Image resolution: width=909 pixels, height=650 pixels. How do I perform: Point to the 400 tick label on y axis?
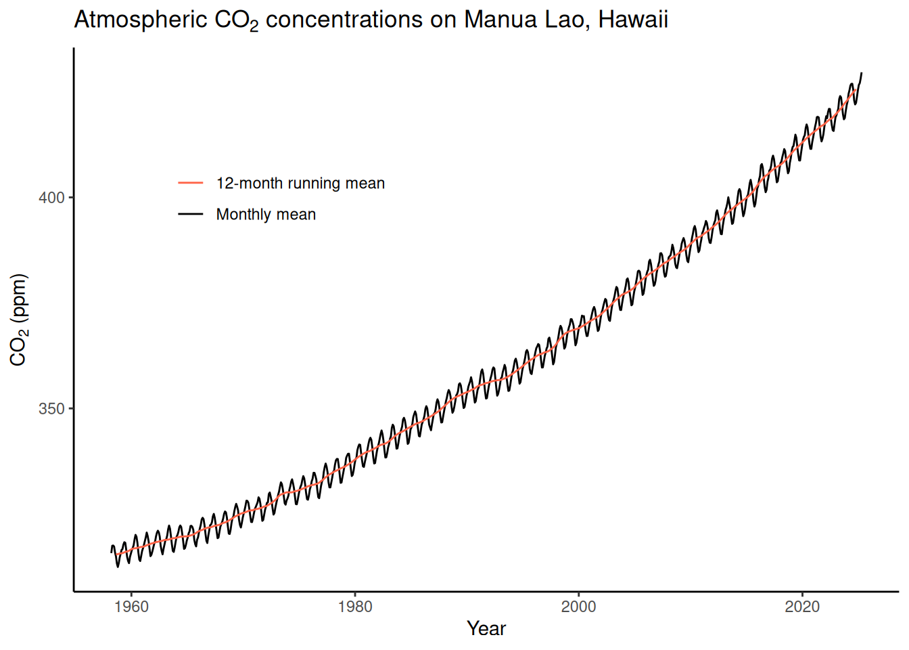tap(51, 198)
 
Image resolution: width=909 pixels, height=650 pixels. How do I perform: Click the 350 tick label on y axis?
tap(51, 409)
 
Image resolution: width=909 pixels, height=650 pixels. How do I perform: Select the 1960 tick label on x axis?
tap(131, 607)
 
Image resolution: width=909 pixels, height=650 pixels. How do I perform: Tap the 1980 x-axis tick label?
tap(355, 607)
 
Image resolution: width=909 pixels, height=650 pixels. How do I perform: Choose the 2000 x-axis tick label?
tap(578, 607)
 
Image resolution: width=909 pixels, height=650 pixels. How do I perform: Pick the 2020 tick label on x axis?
tap(802, 607)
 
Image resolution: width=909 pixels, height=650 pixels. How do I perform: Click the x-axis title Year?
tap(486, 629)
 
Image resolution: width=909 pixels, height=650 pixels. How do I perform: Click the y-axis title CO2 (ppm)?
tap(19, 320)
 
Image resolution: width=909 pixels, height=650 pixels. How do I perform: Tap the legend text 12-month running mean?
tap(300, 183)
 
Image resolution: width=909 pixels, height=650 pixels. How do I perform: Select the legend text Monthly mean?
tap(266, 215)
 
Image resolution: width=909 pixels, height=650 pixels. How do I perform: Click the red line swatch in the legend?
tap(191, 183)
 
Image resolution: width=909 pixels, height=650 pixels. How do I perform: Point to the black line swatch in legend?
tap(191, 214)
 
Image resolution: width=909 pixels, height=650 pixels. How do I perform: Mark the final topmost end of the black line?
tap(861, 72)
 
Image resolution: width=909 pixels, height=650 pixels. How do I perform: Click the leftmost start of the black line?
tap(112, 552)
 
